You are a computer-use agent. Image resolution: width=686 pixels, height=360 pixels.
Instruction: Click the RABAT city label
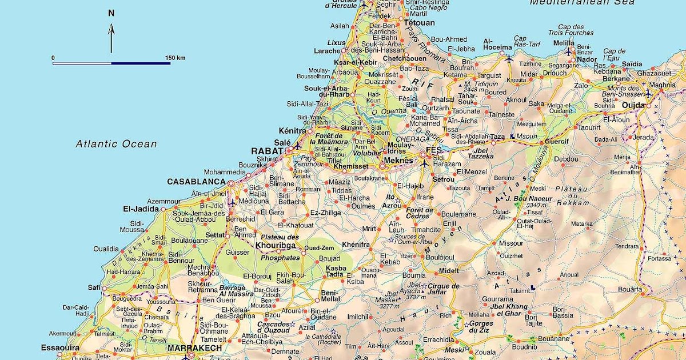tap(267, 151)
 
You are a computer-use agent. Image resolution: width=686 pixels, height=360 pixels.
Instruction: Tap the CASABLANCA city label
tap(196, 182)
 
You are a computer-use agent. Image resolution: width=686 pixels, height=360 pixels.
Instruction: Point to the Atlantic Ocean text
tap(116, 144)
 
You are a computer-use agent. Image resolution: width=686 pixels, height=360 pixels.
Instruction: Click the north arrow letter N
tap(111, 13)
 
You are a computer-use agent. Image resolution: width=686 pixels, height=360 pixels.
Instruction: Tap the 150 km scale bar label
tap(175, 58)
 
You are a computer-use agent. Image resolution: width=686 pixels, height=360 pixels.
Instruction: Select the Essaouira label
tap(60, 347)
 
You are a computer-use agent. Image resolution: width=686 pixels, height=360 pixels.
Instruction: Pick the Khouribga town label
tap(276, 245)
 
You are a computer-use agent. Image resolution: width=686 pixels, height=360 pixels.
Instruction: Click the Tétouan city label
tap(419, 23)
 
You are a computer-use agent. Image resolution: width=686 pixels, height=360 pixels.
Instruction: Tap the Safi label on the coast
tap(95, 287)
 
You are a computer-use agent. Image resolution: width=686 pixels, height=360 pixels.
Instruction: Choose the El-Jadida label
tap(140, 209)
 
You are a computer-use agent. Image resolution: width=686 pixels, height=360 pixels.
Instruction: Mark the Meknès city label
tap(398, 161)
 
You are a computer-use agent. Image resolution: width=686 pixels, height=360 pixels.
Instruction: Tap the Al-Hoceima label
tap(497, 44)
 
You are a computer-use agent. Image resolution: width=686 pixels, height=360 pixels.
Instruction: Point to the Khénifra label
tap(356, 245)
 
